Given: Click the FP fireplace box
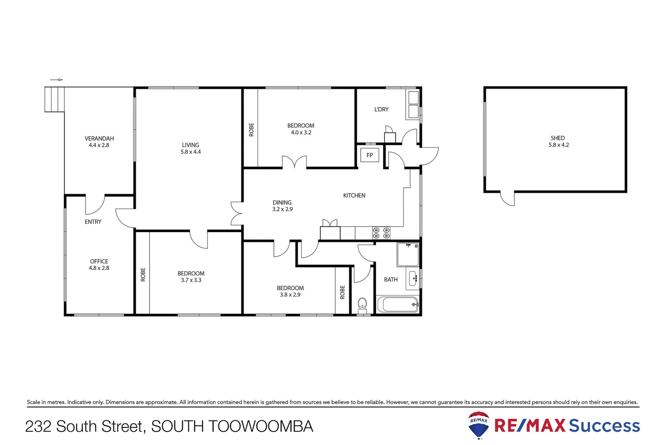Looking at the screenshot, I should click(x=369, y=155).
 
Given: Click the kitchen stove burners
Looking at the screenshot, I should click(x=381, y=233).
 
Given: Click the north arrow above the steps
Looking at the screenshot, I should click(x=56, y=80).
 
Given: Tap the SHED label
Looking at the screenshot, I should click(x=558, y=138).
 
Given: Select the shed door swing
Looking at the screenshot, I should click(x=508, y=199).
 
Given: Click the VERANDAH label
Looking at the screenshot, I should click(x=99, y=138).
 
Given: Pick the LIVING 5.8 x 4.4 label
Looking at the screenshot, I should click(x=190, y=148).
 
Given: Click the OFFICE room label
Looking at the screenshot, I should click(x=99, y=261).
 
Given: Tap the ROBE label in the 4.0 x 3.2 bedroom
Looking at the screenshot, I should click(x=251, y=130).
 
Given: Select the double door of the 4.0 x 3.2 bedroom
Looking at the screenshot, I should click(x=294, y=162).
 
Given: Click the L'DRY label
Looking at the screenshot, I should click(x=381, y=109).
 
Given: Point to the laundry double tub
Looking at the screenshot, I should click(x=413, y=105).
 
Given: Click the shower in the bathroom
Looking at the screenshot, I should click(x=408, y=255).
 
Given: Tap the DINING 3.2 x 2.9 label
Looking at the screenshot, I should click(x=282, y=206).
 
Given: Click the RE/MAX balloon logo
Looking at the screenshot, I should click(x=479, y=424).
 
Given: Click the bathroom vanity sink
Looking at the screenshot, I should click(x=413, y=279).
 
